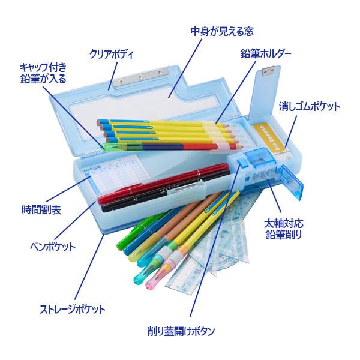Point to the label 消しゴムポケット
pos(310,107)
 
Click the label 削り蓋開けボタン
pos(181,330)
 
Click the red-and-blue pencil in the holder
pos(180,144)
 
